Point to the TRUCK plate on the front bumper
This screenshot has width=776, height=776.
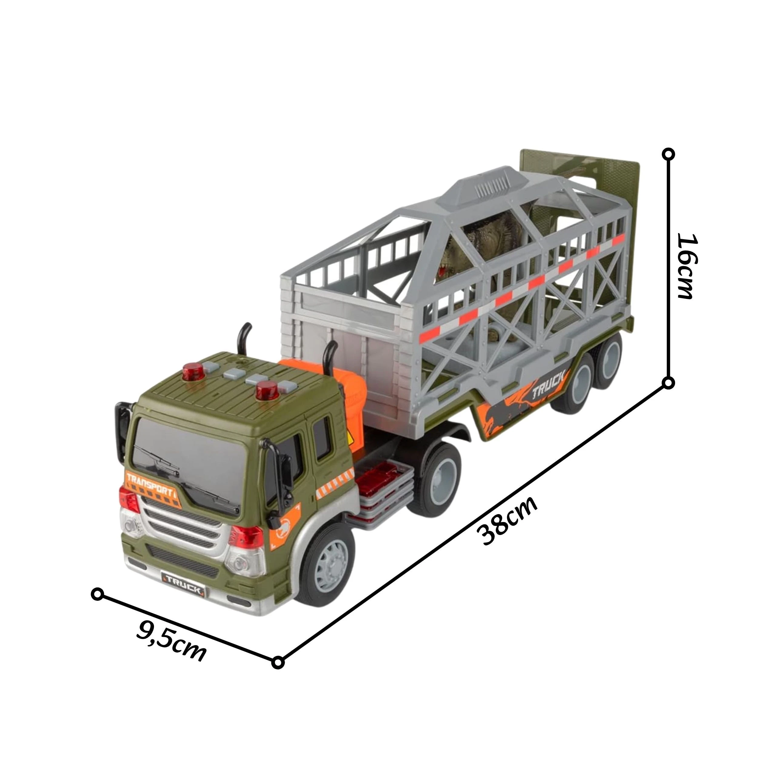[x=183, y=590]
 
